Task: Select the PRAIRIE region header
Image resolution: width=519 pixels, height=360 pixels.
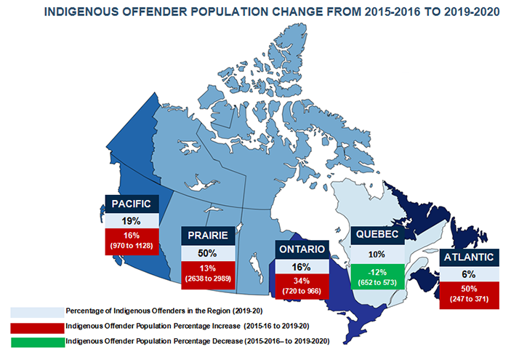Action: (x=208, y=236)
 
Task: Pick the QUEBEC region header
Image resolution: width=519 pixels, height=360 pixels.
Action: (x=376, y=235)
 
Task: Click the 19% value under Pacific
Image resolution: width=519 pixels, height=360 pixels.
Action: (x=132, y=219)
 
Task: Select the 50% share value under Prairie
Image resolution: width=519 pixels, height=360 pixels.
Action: (x=208, y=252)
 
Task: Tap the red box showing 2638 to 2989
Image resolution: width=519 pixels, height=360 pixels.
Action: (x=208, y=275)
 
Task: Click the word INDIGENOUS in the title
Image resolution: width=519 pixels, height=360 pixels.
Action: (x=86, y=13)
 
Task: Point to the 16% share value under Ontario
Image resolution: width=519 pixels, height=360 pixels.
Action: (x=302, y=266)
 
